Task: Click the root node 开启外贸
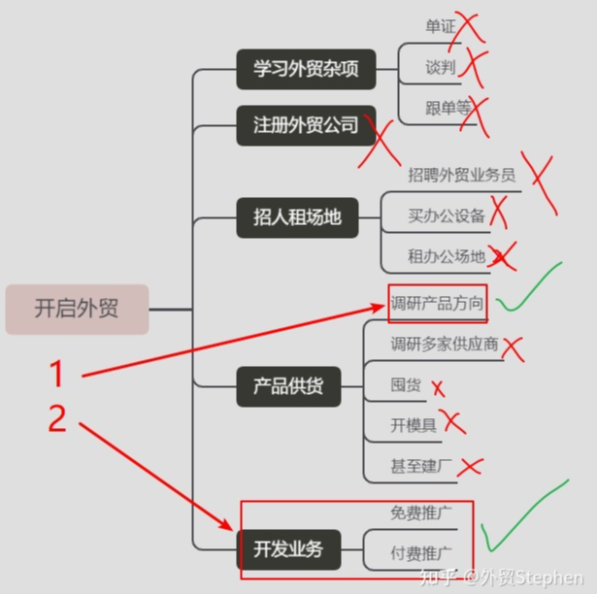coord(77,310)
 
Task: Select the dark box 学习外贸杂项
coord(306,69)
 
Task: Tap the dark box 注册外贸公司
coord(306,125)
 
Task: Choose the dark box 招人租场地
coord(297,217)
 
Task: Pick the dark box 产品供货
coord(288,386)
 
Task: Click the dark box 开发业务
coord(288,549)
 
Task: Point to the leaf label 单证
coord(441,26)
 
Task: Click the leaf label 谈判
coord(441,67)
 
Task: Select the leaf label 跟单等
coord(448,108)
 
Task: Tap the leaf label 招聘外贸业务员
coord(461,175)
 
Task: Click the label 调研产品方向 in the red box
coord(437,304)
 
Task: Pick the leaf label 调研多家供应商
coord(445,344)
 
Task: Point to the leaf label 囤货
coord(406,384)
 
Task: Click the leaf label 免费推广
coord(421,512)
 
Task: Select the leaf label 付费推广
coord(421,553)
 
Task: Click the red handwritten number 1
coord(57,373)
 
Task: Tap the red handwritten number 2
coord(58,417)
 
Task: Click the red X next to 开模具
coord(452,421)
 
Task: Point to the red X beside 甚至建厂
coord(470,467)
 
